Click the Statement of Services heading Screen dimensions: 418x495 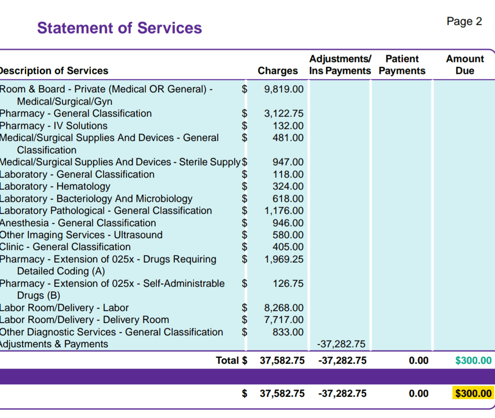tap(119, 28)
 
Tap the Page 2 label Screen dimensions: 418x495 tap(464, 22)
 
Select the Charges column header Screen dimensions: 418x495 tap(277, 71)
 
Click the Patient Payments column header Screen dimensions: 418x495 tap(402, 65)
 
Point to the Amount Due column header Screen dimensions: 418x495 tap(465, 65)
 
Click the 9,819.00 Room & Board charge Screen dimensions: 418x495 tap(284, 89)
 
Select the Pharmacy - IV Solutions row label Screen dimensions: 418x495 tap(53, 126)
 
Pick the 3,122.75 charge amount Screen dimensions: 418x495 tap(284, 113)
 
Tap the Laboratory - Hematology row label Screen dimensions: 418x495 tap(55, 187)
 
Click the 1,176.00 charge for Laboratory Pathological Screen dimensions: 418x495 tap(284, 211)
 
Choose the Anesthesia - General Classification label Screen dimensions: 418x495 tap(77, 223)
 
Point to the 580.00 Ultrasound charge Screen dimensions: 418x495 tap(288, 235)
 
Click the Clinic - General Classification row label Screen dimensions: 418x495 tap(65, 247)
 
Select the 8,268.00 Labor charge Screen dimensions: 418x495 tap(284, 308)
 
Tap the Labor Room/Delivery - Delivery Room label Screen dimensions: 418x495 tap(84, 320)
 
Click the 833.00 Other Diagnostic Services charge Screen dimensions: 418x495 tap(288, 332)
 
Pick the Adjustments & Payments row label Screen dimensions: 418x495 tap(54, 344)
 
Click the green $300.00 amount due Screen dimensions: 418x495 tap(473, 361)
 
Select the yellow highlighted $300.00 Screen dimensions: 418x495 tap(473, 394)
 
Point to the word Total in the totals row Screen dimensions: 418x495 tap(227, 361)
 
